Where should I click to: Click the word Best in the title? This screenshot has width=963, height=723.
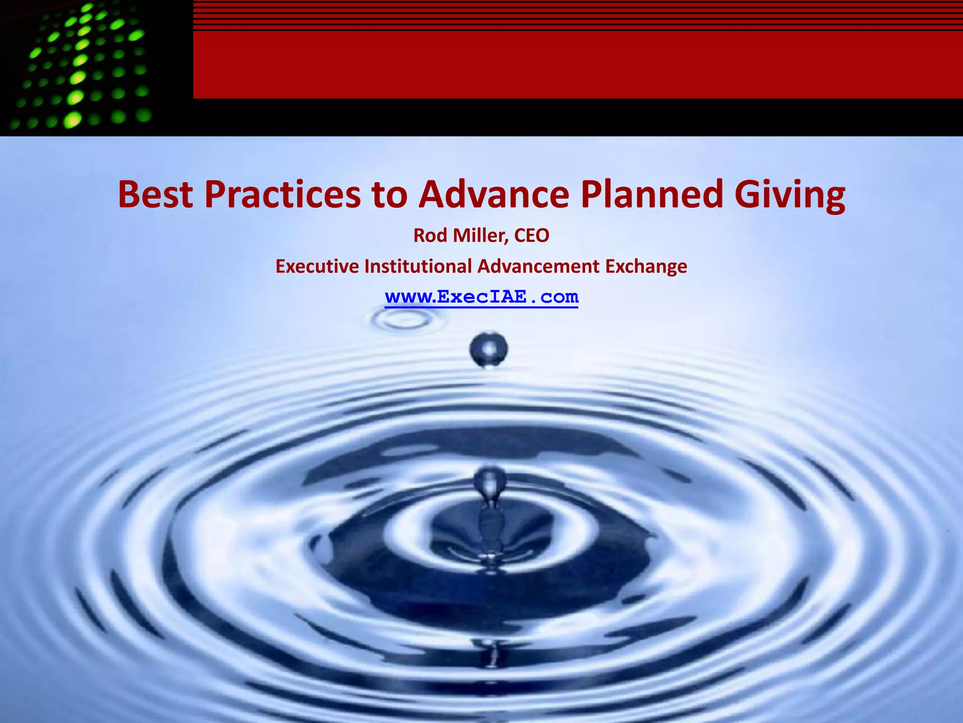coord(155,194)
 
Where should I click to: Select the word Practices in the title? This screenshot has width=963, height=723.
coord(282,194)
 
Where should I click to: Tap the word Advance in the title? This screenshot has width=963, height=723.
coord(494,194)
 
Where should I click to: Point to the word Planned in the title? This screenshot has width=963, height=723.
coord(652,194)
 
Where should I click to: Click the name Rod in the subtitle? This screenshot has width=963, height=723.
coord(430,235)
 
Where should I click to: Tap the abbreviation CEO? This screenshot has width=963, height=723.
coord(531,235)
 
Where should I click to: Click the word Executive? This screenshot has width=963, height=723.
coord(317,266)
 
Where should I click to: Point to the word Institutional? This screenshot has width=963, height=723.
coord(418,266)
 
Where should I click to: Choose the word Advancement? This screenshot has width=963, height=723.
coord(538,266)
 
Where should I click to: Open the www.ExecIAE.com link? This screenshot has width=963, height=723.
coord(481,297)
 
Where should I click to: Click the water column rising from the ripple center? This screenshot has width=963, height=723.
coord(489,508)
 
